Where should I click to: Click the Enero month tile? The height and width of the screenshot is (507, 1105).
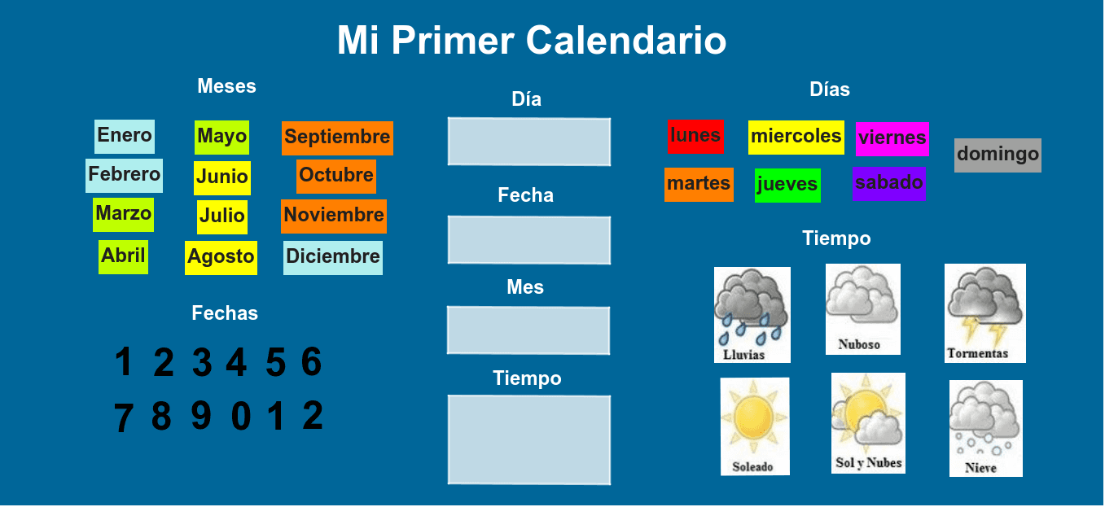point(125,136)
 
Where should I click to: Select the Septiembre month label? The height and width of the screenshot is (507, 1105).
point(337,138)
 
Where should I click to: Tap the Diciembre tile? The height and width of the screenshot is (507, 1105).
point(333,257)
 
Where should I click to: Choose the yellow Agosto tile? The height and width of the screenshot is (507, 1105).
point(221,257)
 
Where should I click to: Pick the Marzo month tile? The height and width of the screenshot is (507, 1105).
point(123,215)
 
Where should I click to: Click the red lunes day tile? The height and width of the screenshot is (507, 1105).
point(695,136)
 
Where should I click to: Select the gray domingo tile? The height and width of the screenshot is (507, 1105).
point(998,155)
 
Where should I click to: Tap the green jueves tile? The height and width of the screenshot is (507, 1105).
point(787,186)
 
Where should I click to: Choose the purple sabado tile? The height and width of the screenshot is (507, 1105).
point(889,183)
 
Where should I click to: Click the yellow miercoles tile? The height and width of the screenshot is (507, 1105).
point(796,137)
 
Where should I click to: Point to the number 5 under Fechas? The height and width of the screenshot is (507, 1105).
point(276,362)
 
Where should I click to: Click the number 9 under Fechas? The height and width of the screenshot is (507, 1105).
point(201,415)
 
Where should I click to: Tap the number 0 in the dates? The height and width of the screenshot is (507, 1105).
point(241,416)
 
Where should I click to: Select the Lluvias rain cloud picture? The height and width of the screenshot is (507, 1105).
point(752,315)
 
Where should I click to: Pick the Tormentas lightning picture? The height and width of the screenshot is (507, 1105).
point(985,313)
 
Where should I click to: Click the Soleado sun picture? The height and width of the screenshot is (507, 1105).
point(755,426)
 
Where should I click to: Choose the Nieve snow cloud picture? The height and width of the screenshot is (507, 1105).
point(986,428)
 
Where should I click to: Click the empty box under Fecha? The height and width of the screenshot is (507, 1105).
point(529,240)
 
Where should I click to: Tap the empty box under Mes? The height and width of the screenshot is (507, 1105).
point(528,330)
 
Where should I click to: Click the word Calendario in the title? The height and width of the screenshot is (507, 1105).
point(626,41)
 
